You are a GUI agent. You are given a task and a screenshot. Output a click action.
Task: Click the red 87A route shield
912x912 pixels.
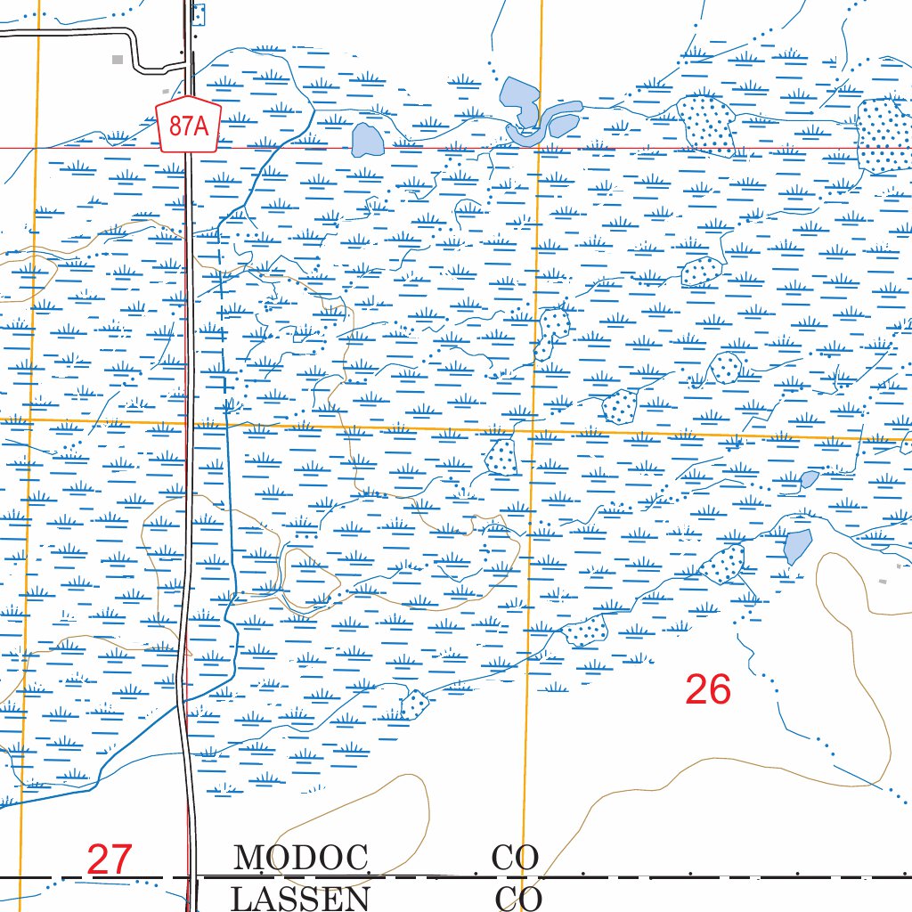click(187, 126)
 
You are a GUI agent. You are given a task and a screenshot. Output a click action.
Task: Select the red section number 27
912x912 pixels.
click(110, 860)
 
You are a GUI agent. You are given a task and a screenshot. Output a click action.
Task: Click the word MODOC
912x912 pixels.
click(301, 859)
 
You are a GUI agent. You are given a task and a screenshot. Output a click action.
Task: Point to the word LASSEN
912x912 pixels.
click(301, 898)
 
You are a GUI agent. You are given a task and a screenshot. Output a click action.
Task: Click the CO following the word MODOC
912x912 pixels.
click(515, 859)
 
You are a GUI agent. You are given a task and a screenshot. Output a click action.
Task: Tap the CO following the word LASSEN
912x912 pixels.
click(517, 898)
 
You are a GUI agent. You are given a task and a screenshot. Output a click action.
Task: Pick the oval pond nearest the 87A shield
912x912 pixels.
click(366, 141)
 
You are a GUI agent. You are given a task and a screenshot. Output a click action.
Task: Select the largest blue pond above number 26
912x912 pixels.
click(797, 545)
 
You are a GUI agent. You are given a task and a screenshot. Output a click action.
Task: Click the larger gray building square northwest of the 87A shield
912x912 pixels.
click(118, 60)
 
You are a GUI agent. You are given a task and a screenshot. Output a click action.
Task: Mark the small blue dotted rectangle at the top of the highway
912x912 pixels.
click(199, 13)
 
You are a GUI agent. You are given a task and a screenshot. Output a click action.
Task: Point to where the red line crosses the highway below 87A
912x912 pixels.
click(190, 149)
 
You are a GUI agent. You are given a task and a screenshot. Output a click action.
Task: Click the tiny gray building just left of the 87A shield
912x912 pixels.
click(166, 92)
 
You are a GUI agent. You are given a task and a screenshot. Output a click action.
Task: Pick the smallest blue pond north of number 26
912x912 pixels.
click(809, 479)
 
